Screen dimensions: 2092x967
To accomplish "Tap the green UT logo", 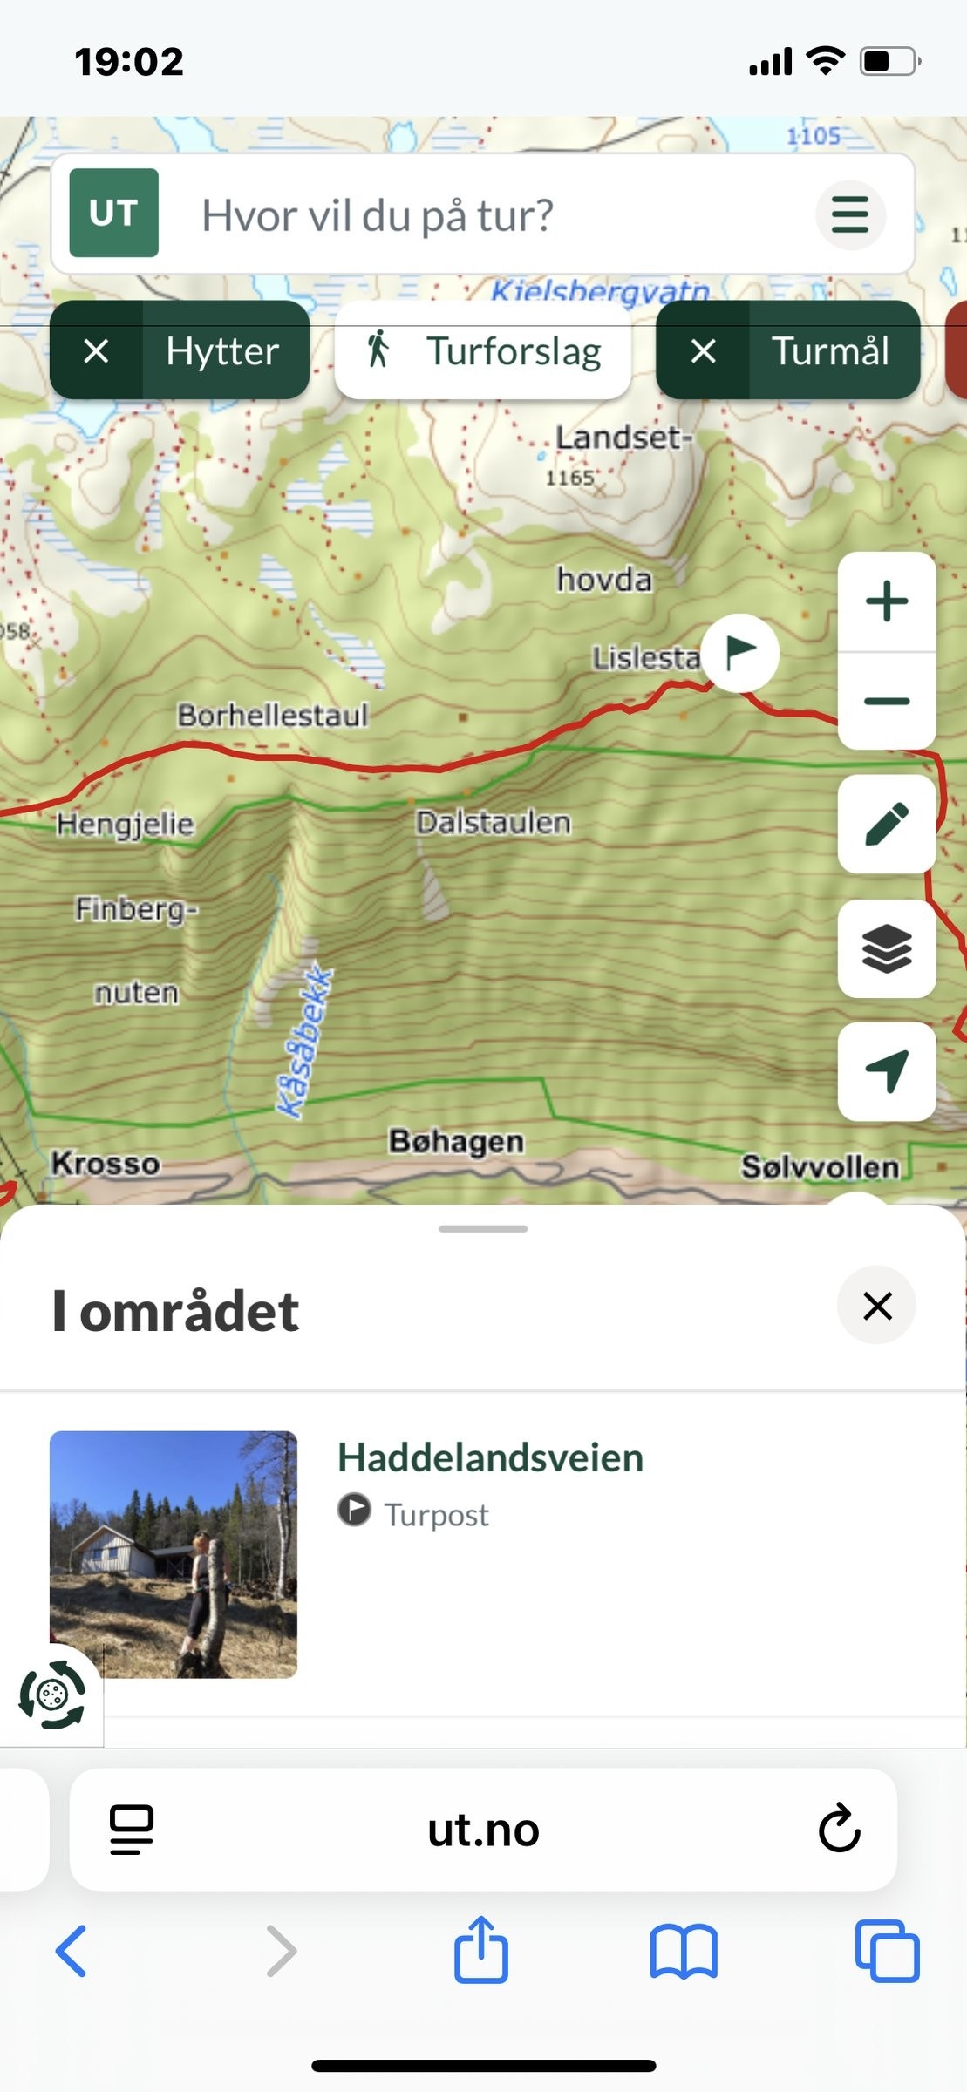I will tap(114, 214).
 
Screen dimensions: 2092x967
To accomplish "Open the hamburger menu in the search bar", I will tap(850, 215).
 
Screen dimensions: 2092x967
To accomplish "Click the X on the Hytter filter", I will tap(96, 351).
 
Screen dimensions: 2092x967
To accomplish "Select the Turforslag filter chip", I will tap(483, 351).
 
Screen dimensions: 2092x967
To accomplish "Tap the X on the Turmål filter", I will tap(703, 351).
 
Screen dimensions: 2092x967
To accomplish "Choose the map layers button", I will tap(887, 948).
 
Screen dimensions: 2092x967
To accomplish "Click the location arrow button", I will tap(887, 1071).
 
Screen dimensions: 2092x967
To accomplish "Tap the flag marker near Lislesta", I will tap(740, 652).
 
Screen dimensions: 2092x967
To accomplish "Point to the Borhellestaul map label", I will tap(273, 716).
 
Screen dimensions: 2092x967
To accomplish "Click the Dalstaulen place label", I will tap(494, 822).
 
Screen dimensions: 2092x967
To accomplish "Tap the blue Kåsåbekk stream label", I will tap(304, 1042).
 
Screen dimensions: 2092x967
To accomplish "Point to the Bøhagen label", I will tap(456, 1141).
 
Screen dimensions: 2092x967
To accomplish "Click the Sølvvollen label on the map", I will tap(820, 1166).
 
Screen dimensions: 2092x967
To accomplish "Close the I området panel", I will tap(876, 1306).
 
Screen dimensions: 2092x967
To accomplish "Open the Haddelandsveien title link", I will tap(490, 1458).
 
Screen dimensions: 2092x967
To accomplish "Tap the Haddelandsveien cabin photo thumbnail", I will tap(174, 1554).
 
